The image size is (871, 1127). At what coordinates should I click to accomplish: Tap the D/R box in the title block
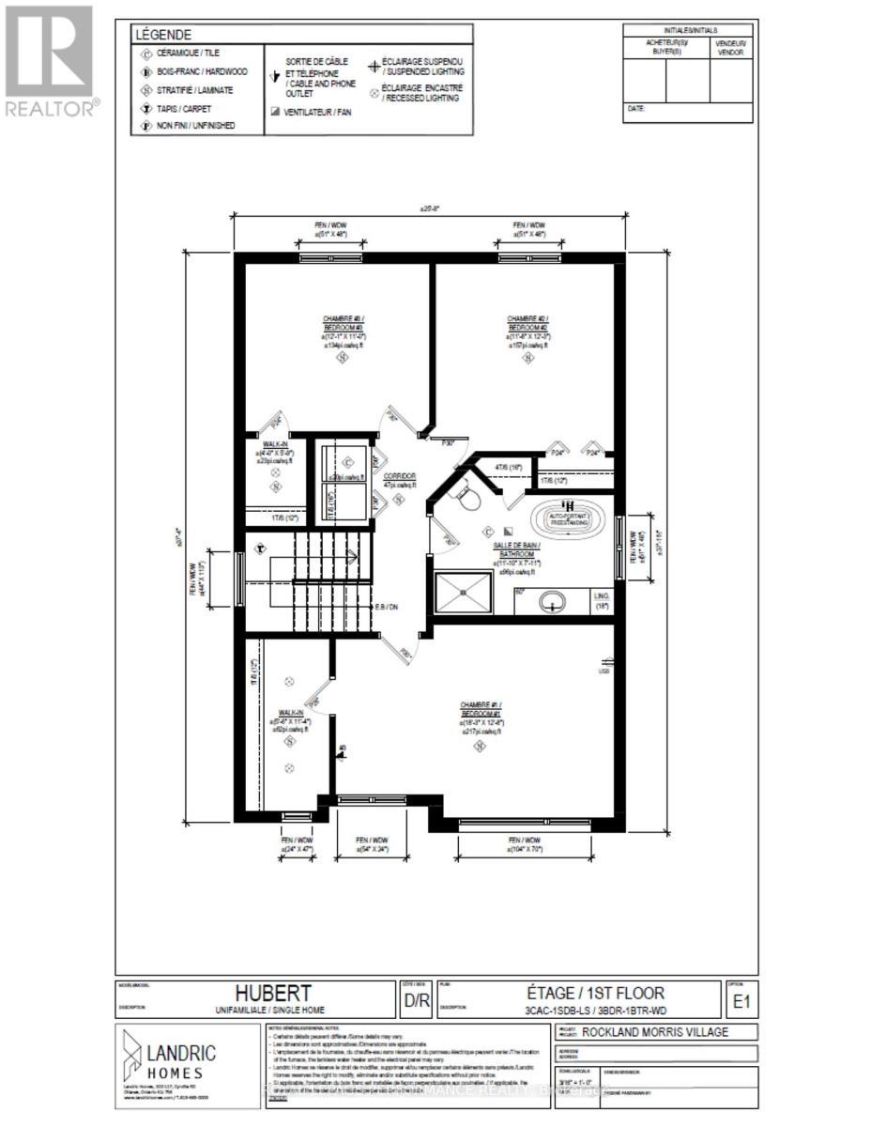417,1001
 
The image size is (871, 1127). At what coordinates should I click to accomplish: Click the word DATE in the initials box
635,109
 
